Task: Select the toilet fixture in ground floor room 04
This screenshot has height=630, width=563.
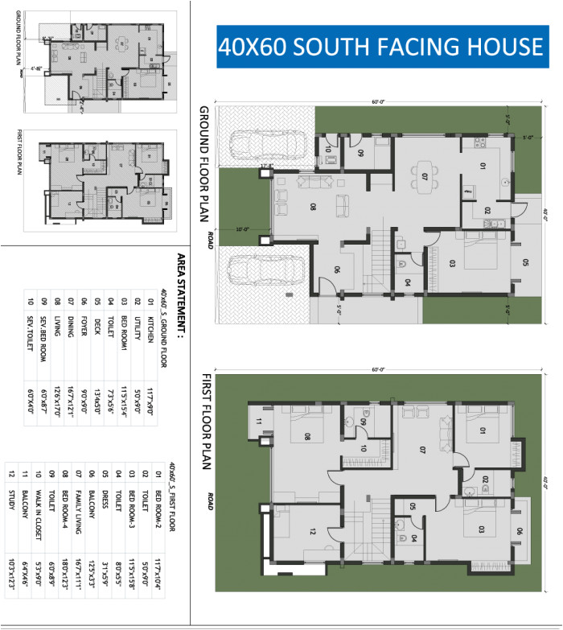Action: pos(401,263)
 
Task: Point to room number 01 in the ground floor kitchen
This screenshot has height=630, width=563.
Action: pos(483,167)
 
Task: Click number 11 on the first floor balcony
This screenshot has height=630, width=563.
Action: pos(259,421)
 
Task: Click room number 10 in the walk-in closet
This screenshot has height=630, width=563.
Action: pos(364,448)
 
